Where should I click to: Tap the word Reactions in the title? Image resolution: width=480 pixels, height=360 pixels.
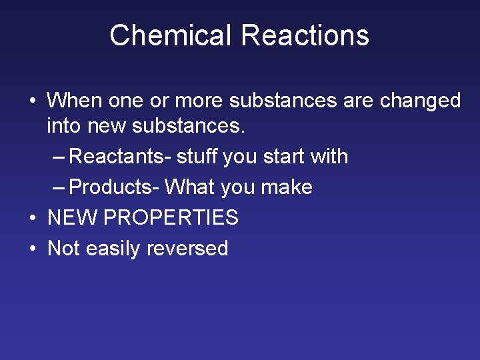pyautogui.click(x=305, y=35)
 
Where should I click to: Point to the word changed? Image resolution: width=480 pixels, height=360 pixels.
pyautogui.click(x=420, y=101)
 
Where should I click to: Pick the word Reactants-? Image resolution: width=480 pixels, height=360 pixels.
pyautogui.click(x=120, y=157)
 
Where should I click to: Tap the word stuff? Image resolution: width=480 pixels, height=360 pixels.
pyautogui.click(x=197, y=157)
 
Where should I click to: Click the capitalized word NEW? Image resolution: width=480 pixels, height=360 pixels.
pyautogui.click(x=70, y=217)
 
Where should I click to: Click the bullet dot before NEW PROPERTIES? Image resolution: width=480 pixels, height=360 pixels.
pyautogui.click(x=32, y=218)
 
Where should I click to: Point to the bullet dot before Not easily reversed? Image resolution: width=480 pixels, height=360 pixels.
pyautogui.click(x=32, y=249)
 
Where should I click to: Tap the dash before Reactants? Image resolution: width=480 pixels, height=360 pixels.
pyautogui.click(x=59, y=157)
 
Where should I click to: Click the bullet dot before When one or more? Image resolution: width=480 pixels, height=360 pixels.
pyautogui.click(x=32, y=101)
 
